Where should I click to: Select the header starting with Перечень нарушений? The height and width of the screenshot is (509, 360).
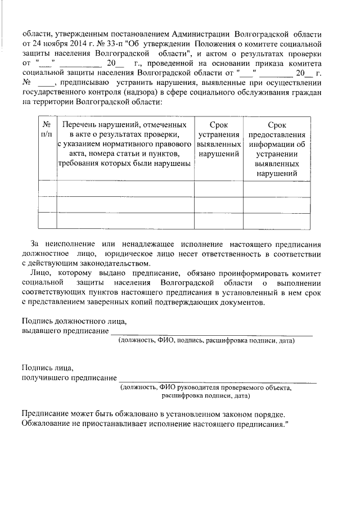pos(125,143)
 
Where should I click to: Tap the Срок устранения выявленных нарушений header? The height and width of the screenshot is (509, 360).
pos(218,139)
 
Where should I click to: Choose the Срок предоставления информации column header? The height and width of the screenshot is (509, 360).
pos(277,148)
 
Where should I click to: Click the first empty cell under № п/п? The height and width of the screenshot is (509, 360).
pos(47,189)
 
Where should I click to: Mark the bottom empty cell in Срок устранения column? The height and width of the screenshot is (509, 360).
pos(218,220)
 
